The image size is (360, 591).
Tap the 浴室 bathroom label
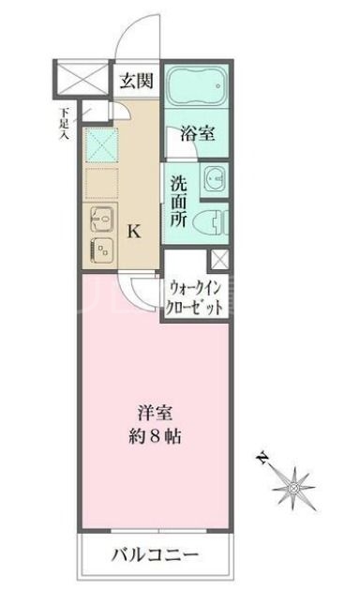[197, 133]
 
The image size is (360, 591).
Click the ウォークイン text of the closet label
[196, 288]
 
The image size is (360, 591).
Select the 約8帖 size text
[154, 435]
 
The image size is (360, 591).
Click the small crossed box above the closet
[219, 260]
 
